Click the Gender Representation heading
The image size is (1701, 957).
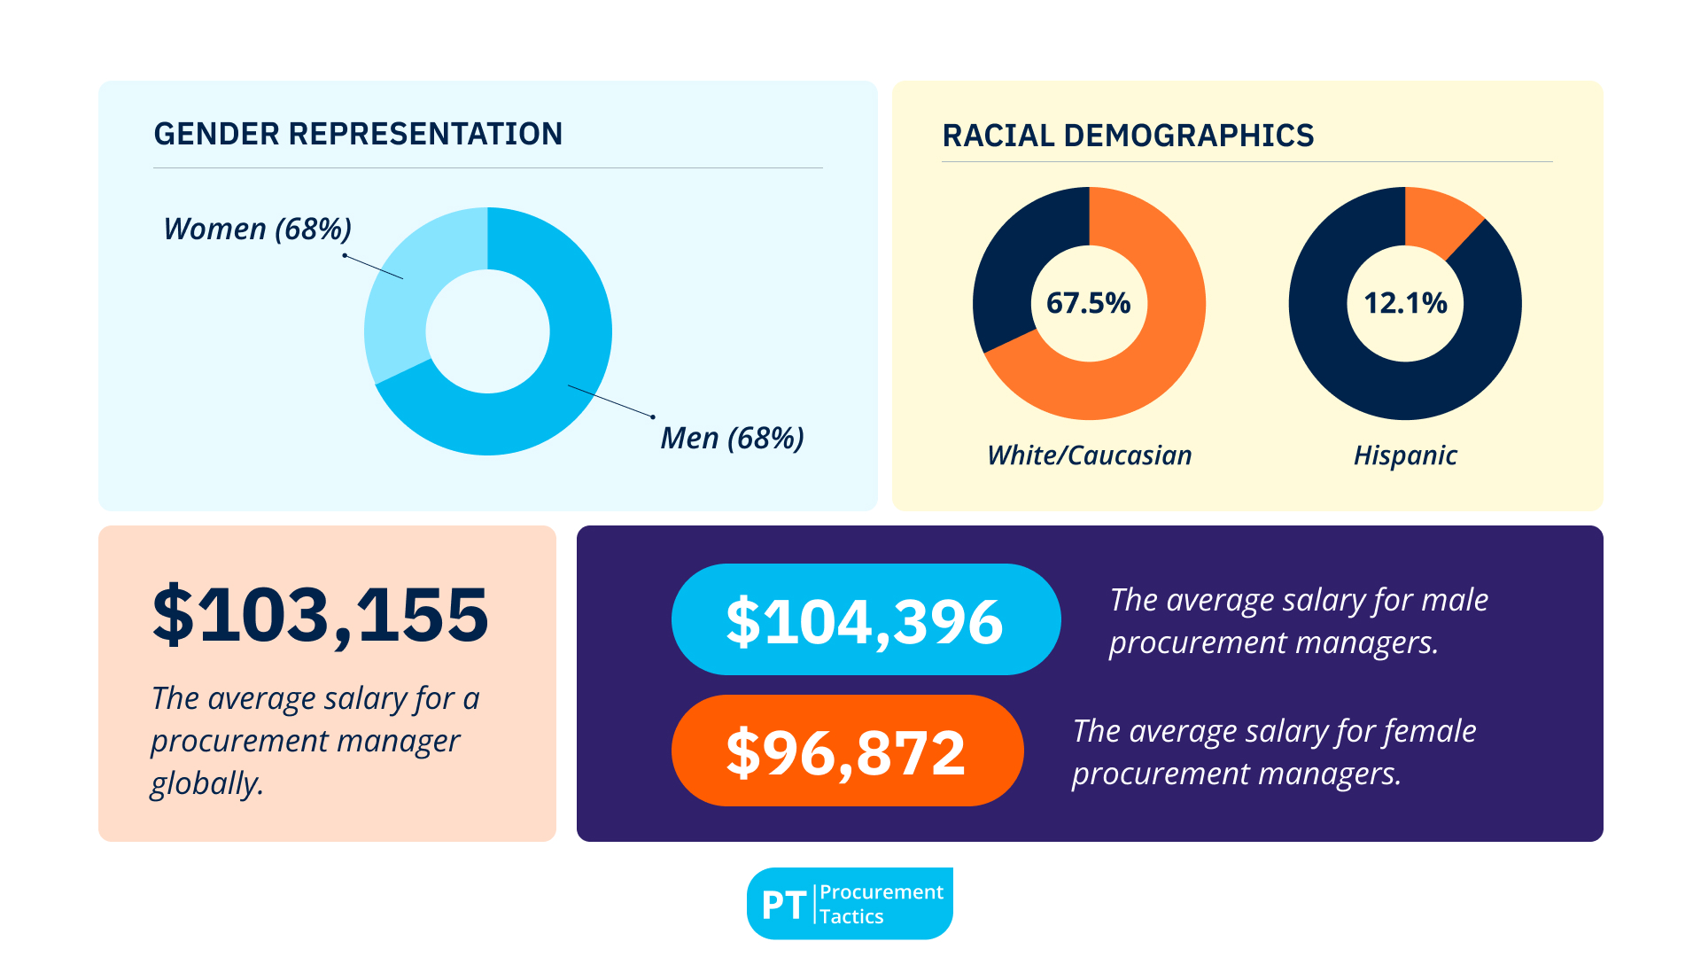358,134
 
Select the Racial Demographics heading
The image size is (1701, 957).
1128,136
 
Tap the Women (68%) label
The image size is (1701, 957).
257,229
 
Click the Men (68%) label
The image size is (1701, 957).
732,438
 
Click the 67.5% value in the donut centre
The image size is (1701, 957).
1088,303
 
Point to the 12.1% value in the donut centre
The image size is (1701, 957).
1405,303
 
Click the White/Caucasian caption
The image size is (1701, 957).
1089,455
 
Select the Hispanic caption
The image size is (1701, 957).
1405,455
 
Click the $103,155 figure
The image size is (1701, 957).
320,614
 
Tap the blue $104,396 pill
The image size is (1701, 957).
865,620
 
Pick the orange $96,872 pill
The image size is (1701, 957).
846,751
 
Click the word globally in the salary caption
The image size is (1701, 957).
206,783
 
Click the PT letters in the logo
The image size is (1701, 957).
783,905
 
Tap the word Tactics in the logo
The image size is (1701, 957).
851,917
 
